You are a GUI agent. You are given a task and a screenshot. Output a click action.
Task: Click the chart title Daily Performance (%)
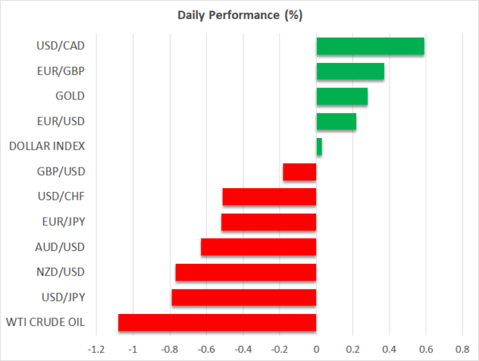coord(239,16)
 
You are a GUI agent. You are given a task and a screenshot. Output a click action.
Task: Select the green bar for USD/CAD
coord(370,46)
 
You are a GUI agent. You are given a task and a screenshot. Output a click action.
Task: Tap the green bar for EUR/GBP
coord(350,72)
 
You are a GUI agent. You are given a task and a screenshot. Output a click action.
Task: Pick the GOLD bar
coord(342,96)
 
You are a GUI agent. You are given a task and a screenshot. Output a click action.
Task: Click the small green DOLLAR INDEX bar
coord(319,147)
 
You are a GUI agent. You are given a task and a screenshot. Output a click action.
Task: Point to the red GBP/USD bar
coord(300,172)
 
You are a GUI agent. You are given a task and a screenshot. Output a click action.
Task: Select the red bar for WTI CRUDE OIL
coord(217,323)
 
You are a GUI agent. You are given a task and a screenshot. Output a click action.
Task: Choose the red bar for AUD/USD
coord(259,247)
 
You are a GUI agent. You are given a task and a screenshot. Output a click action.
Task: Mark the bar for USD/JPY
coord(244,298)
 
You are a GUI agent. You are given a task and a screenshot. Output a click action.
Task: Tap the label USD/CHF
coord(63,197)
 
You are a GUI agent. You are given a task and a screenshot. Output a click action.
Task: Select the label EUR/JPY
coord(63,222)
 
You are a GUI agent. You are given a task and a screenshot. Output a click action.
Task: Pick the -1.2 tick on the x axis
coord(96,349)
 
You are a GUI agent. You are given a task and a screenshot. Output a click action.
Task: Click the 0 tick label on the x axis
coord(317,349)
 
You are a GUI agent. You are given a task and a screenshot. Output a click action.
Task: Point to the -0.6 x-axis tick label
coord(206,349)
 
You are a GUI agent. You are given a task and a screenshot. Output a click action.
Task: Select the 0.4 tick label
coord(390,349)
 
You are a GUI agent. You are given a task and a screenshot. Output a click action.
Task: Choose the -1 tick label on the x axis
coord(133,349)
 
